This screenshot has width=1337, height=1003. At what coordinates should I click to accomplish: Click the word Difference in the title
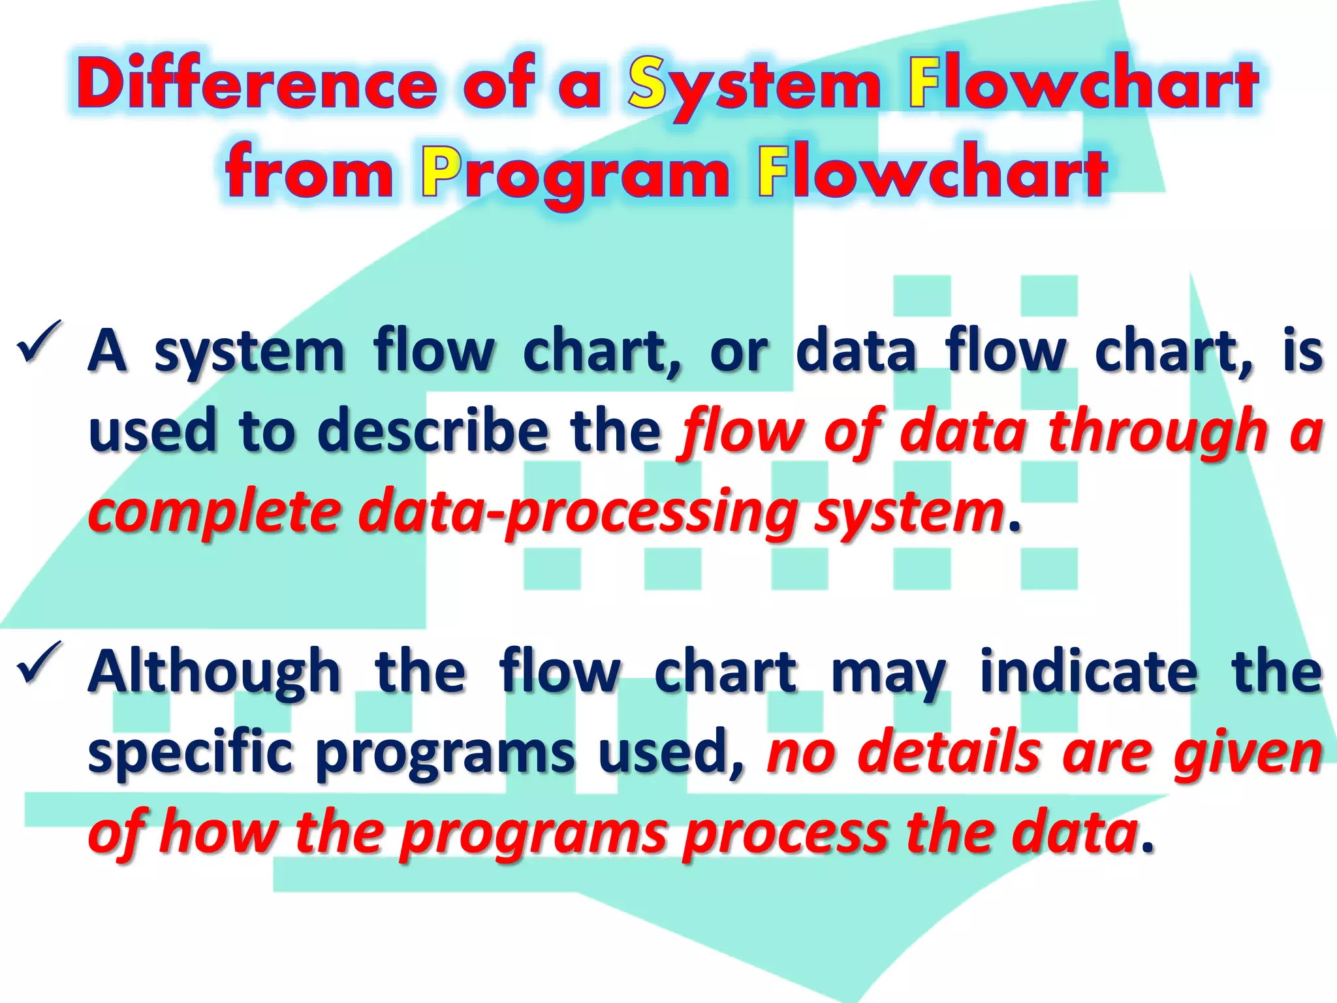[x=257, y=85]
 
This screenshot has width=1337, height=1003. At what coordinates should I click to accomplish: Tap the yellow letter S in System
[x=647, y=85]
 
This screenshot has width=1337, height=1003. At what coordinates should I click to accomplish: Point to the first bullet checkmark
[x=40, y=340]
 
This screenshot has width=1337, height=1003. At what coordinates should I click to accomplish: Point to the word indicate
[x=1089, y=673]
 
